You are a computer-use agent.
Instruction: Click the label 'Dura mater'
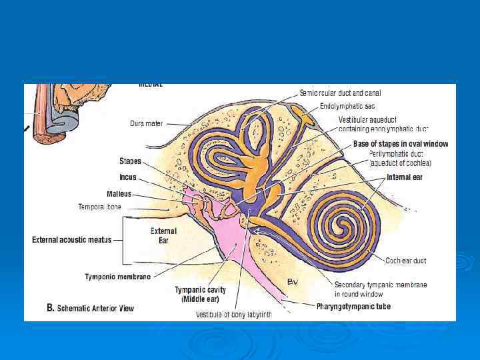[x=147, y=123]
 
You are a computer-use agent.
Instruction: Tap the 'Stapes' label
[x=130, y=161]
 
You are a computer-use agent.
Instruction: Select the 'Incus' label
[x=128, y=178]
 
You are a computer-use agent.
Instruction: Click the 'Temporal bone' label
[x=101, y=207]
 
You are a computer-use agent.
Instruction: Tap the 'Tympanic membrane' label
[x=118, y=276]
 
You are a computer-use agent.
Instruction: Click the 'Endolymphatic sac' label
[x=347, y=106]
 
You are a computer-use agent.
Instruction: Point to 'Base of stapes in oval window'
[x=400, y=144]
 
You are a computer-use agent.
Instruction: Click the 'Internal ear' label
[x=405, y=177]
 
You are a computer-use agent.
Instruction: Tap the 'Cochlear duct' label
[x=405, y=260]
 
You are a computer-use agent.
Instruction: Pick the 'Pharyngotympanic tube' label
[x=353, y=307]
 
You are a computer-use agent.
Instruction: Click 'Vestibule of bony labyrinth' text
[x=233, y=315]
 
